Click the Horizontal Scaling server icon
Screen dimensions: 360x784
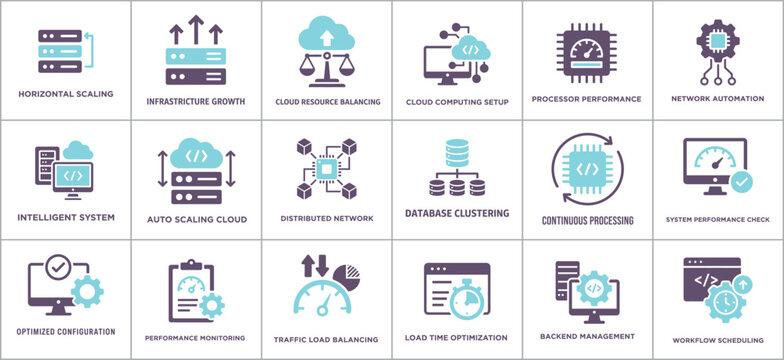(58, 51)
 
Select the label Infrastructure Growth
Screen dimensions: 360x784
(196, 101)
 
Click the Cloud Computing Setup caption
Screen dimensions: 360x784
(457, 102)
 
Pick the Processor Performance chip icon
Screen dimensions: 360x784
(587, 51)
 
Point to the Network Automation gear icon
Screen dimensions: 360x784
(718, 44)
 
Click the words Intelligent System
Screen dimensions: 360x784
(66, 216)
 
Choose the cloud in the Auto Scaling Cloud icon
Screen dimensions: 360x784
(197, 156)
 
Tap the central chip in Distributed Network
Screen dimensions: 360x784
(327, 169)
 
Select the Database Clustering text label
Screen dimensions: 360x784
(457, 213)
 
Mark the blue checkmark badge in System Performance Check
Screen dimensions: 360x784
(741, 182)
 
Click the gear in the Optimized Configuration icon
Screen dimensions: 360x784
(86, 291)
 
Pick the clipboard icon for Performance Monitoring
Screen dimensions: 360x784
(190, 290)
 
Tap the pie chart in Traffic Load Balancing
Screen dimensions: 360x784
(345, 272)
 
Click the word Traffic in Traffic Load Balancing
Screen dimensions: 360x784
(291, 339)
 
